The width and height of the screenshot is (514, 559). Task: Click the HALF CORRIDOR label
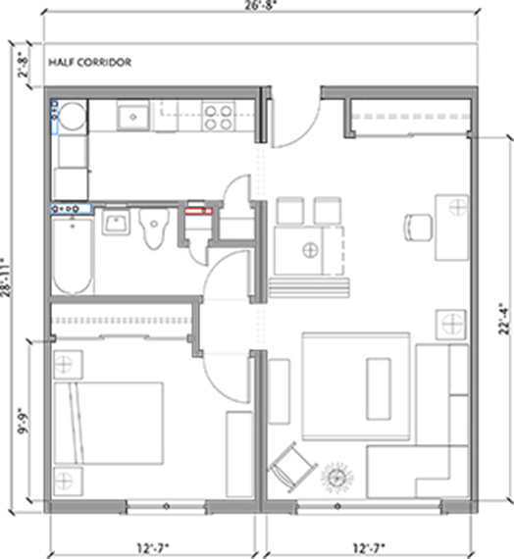(x=90, y=63)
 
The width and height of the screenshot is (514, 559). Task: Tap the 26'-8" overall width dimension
(x=261, y=6)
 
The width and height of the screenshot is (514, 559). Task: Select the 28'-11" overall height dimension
(x=6, y=277)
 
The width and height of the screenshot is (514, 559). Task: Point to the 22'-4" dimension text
(x=504, y=319)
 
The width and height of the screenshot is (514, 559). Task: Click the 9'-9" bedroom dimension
(x=24, y=421)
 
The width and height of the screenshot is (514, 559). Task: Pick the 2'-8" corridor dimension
(x=23, y=65)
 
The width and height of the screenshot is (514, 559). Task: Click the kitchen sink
(x=133, y=116)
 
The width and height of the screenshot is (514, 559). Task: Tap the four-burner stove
(x=218, y=117)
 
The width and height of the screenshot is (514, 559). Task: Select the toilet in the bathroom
(x=154, y=229)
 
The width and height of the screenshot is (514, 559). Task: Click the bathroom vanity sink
(x=116, y=222)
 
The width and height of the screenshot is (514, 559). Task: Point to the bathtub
(x=74, y=256)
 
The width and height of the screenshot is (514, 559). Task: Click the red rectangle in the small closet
(x=198, y=211)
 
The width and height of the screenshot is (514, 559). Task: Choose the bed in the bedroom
(x=109, y=423)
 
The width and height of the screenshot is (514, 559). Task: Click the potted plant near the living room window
(x=336, y=478)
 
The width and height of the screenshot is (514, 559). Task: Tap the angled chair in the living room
(x=292, y=467)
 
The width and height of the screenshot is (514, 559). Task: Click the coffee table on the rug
(x=379, y=388)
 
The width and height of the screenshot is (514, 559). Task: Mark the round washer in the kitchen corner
(x=73, y=117)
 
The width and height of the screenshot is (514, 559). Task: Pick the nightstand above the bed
(x=68, y=365)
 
